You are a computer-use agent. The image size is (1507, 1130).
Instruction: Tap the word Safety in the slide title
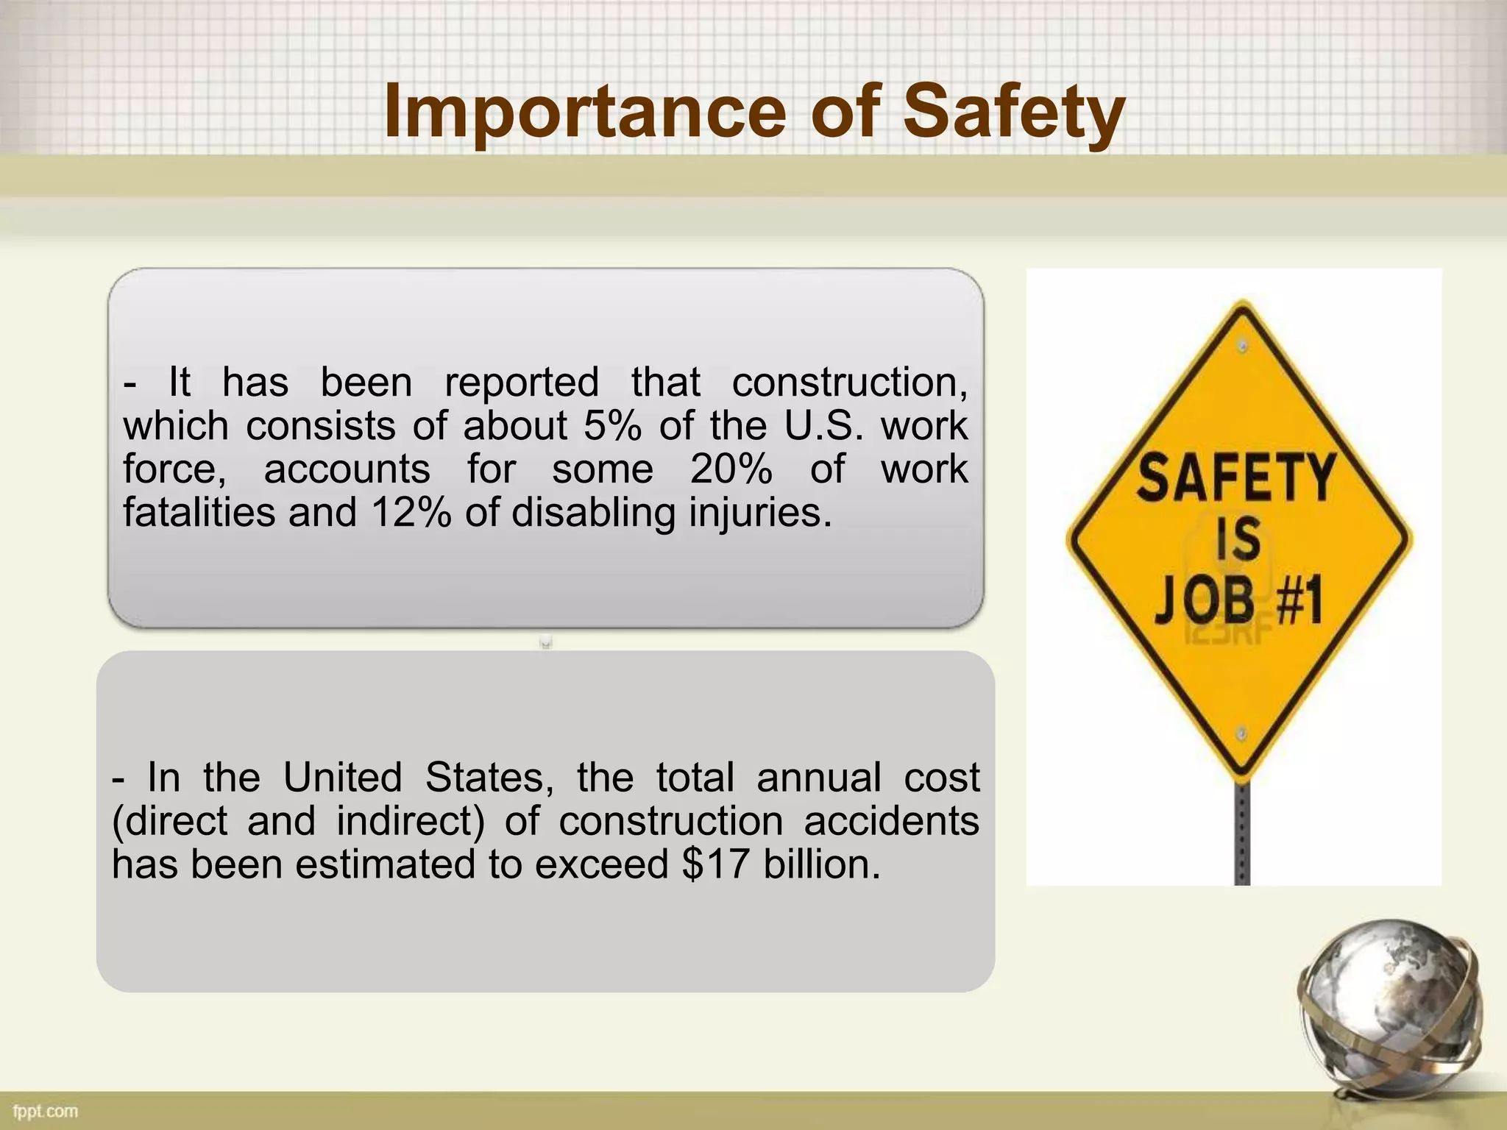(1013, 112)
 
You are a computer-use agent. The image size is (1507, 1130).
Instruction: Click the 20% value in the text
(731, 469)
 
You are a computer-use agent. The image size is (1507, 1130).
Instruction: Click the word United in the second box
(342, 777)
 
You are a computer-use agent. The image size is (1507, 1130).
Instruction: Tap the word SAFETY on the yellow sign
(1235, 478)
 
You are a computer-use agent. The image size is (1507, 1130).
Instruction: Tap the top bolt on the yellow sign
(1243, 346)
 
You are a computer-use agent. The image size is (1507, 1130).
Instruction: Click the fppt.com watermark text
(46, 1111)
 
